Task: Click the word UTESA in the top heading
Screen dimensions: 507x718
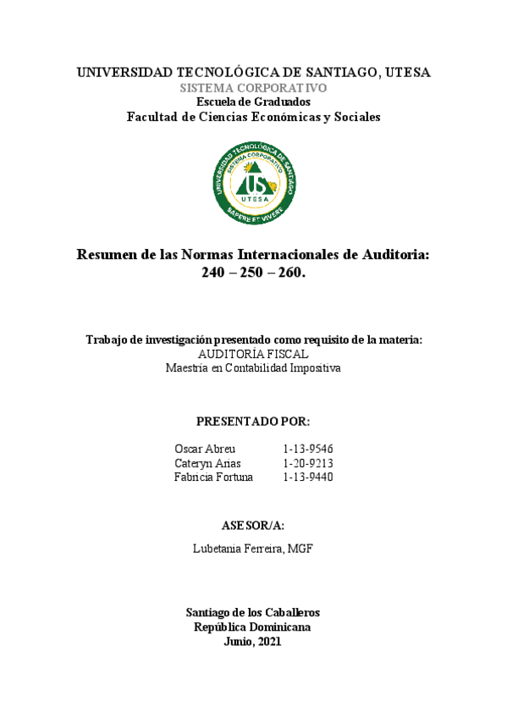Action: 406,73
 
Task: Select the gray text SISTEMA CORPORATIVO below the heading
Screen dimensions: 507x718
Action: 254,88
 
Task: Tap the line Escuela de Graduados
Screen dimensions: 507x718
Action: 254,102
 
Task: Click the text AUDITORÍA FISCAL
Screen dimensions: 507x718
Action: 253,354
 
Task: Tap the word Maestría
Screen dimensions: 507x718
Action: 188,368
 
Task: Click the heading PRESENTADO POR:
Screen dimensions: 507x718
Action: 253,421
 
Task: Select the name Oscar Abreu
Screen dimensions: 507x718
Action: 205,449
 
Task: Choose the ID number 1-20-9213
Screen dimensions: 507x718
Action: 308,463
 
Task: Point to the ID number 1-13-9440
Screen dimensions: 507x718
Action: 308,478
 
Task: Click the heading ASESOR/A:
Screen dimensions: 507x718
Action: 253,524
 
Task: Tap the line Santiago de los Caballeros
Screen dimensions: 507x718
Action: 253,612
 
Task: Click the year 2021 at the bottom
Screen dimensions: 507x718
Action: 266,642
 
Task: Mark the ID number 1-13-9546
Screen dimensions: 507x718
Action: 308,449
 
